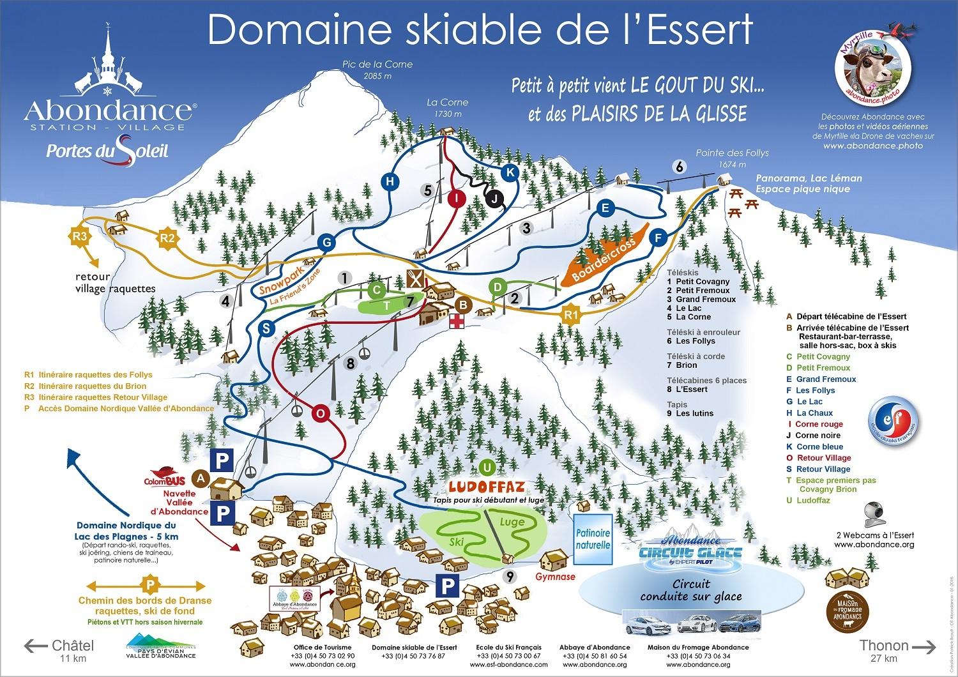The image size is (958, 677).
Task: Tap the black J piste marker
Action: coord(494,199)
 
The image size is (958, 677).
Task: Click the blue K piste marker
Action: coord(510,172)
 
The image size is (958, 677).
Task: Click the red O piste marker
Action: coord(321,414)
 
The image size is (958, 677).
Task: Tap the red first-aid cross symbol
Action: coord(457,322)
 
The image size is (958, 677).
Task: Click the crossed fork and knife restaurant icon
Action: coord(415,279)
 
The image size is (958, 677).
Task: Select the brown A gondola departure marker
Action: coord(202,477)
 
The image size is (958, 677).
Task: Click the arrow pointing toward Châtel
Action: coord(36,646)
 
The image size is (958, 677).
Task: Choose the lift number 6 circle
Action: coord(680,167)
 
